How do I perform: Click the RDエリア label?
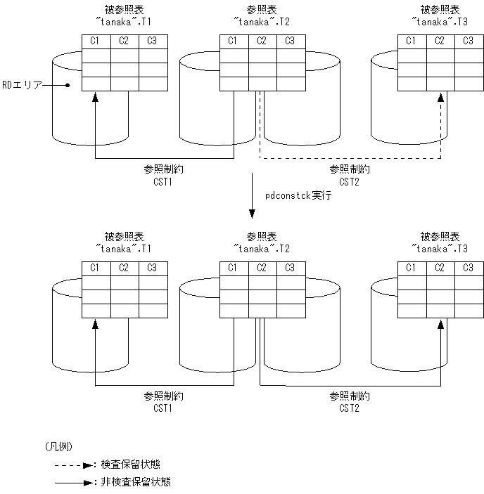click(x=23, y=84)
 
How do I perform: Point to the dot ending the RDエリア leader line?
click(x=68, y=85)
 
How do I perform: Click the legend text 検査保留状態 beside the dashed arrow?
click(x=130, y=464)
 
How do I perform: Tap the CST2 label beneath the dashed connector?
click(x=350, y=181)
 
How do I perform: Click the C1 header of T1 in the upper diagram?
click(x=96, y=41)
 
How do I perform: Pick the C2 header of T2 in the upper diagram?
click(x=262, y=41)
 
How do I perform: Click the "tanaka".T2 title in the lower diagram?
click(x=262, y=249)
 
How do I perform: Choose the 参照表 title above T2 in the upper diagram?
click(x=262, y=10)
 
